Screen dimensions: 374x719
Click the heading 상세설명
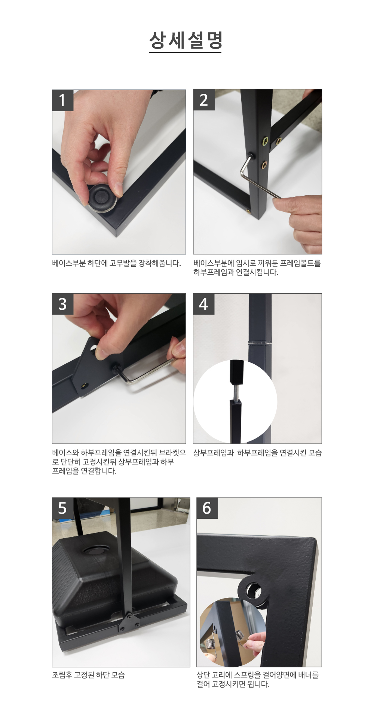tap(186, 40)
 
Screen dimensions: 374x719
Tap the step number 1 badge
tap(62, 100)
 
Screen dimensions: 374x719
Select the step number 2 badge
tap(204, 100)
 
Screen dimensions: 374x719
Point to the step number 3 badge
tap(62, 304)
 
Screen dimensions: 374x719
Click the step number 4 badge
tap(204, 304)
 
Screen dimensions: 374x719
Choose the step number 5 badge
tap(62, 508)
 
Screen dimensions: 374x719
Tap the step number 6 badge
tap(207, 508)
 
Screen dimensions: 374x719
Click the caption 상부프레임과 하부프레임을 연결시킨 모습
tap(257, 453)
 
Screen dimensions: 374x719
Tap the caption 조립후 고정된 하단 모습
tap(88, 674)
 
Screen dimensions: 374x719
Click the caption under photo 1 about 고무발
tap(116, 263)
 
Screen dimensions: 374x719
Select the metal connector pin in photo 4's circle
tap(236, 392)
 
